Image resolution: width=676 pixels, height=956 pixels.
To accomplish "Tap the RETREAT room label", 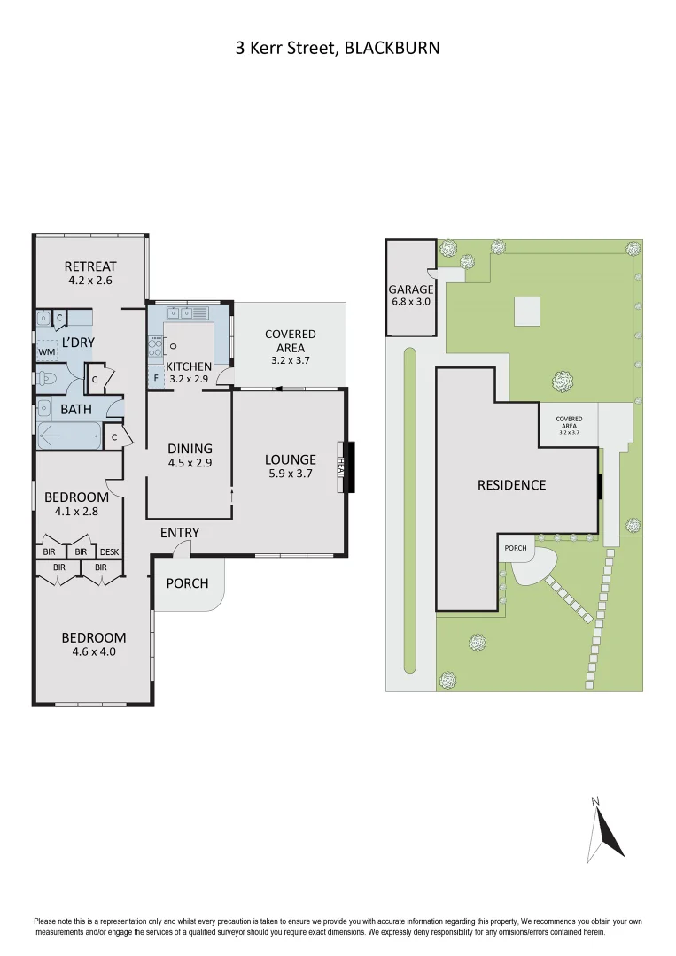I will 90,266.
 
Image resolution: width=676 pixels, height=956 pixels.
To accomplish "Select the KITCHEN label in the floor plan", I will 189,366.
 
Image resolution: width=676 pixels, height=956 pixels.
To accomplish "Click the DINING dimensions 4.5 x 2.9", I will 190,462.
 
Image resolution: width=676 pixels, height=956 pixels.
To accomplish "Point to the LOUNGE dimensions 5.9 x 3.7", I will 290,474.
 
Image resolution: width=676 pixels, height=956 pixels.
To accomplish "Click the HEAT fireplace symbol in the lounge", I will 340,466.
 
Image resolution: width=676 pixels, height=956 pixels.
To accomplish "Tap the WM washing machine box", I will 45,351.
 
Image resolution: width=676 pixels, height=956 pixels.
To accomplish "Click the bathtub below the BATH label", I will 69,436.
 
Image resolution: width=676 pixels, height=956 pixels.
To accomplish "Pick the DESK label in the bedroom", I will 109,551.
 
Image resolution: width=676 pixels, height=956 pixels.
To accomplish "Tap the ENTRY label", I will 180,533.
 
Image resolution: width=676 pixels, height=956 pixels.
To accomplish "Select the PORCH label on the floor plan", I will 188,583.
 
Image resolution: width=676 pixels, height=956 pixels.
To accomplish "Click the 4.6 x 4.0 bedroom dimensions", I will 93,651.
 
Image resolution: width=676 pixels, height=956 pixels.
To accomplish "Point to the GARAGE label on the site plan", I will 411,289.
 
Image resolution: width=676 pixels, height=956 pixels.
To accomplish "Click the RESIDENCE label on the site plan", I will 511,485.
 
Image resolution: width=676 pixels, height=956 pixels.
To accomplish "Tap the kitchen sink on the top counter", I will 181,312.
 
